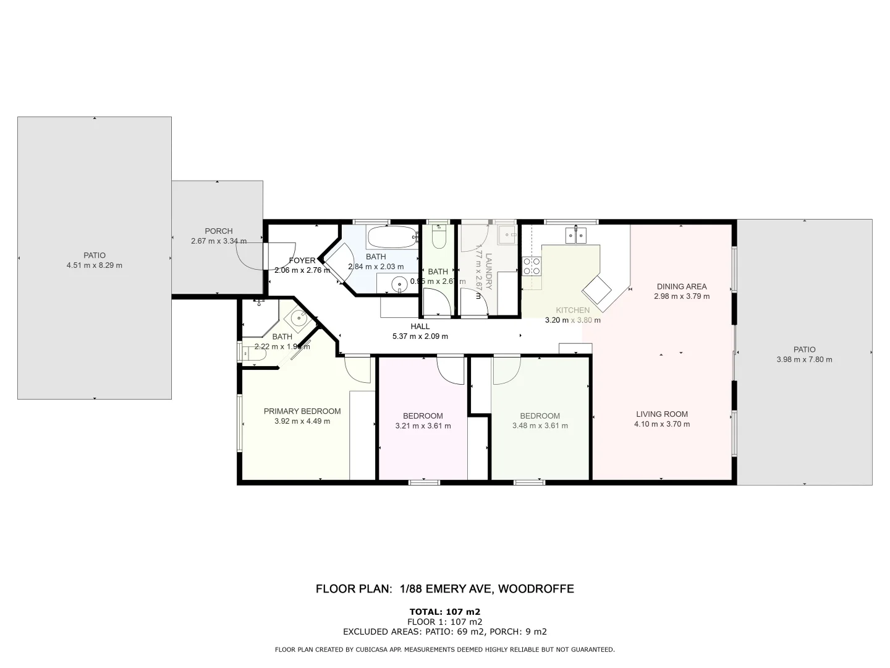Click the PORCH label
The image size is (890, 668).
(219, 231)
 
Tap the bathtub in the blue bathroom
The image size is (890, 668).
(393, 237)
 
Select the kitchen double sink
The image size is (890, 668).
(577, 235)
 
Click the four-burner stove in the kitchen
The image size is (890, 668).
(532, 266)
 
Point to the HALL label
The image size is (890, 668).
(420, 327)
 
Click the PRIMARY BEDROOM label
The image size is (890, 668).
(302, 411)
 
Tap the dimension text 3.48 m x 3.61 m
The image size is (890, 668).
(540, 426)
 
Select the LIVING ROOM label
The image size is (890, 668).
(662, 414)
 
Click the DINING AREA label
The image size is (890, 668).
(682, 286)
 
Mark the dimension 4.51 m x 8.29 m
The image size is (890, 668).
(95, 265)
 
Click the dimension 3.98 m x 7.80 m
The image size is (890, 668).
(804, 359)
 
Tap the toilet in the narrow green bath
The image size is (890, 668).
(439, 238)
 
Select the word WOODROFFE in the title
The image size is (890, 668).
(536, 589)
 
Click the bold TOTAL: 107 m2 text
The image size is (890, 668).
(445, 612)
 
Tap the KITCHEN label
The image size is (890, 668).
(572, 310)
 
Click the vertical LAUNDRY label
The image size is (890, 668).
(488, 271)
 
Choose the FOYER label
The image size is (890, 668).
(302, 260)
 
